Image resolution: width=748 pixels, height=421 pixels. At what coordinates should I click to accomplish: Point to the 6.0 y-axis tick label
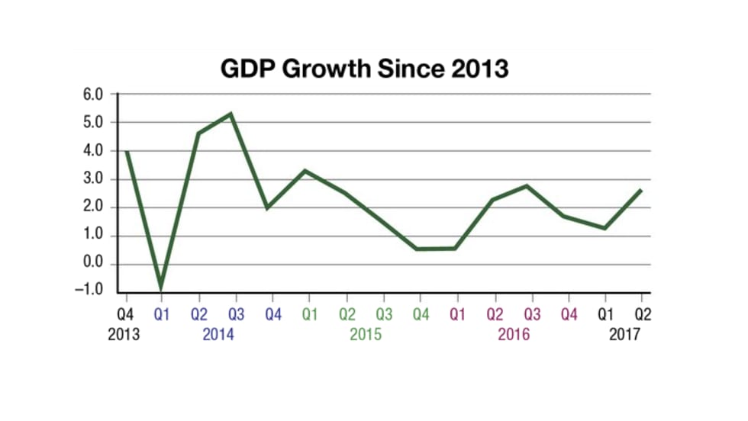[93, 94]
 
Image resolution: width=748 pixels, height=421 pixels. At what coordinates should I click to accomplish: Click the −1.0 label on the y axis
[90, 293]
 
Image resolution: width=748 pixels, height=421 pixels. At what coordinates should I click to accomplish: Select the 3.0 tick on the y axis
[93, 179]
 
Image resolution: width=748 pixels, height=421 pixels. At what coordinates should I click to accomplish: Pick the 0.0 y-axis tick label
[93, 265]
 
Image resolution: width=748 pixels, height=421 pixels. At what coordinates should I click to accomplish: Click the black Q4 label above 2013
[124, 313]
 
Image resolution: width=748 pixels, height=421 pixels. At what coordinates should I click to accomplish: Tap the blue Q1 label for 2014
[162, 313]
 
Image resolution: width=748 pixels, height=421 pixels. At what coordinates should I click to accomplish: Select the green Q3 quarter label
[383, 313]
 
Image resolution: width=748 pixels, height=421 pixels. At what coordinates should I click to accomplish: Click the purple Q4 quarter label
[568, 313]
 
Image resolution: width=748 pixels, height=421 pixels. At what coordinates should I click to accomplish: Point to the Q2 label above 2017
[642, 313]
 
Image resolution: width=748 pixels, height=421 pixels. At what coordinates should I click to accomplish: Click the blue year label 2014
[218, 334]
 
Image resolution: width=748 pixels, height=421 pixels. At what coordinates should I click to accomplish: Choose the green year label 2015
[366, 334]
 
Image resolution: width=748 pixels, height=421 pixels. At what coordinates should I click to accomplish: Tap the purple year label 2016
[513, 334]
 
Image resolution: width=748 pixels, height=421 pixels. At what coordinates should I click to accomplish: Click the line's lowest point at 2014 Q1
[162, 289]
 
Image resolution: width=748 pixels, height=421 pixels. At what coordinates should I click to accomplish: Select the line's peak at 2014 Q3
[231, 114]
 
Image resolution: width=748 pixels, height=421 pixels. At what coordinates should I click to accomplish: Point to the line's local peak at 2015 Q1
[305, 171]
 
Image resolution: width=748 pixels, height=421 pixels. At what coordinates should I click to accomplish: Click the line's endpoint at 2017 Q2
[641, 190]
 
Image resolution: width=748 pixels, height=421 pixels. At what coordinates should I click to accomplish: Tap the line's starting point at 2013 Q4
[125, 152]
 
